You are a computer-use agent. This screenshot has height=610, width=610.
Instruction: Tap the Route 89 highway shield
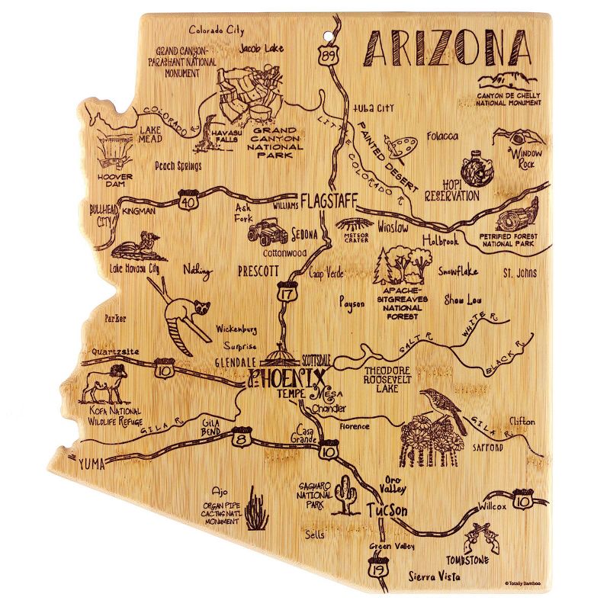tap(328, 56)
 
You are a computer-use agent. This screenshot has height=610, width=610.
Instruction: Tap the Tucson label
tap(385, 511)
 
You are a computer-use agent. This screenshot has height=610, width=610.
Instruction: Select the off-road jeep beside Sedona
tap(267, 230)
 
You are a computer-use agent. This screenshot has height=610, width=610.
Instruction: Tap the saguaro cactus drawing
tap(351, 496)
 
